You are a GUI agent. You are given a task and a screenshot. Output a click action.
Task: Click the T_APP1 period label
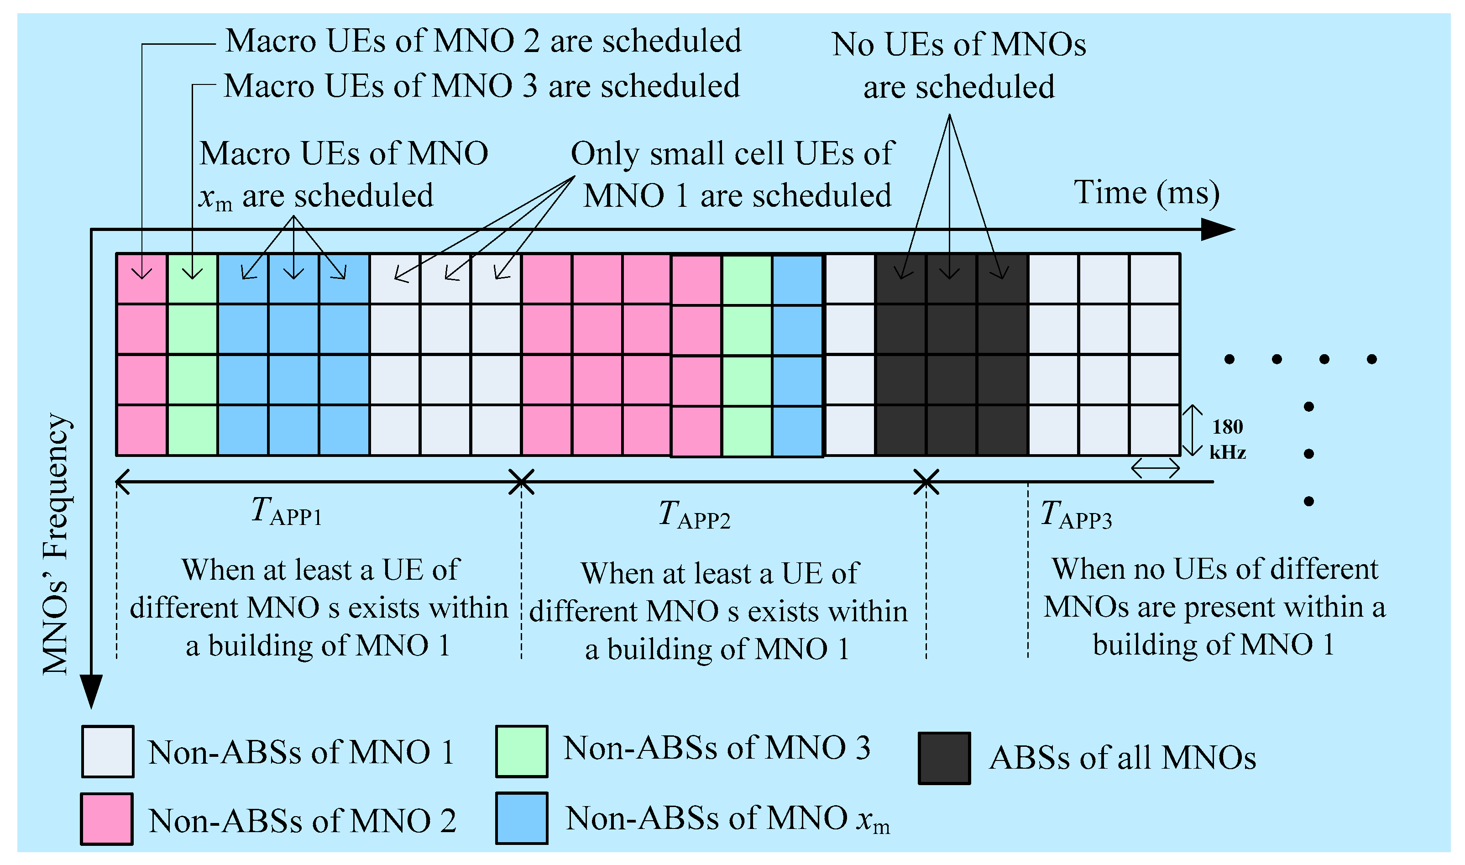286,512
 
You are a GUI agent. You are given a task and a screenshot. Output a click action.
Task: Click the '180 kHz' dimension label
1227,440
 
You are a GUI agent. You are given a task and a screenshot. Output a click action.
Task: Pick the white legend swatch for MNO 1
108,752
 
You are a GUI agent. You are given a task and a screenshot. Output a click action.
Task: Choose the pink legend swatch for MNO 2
107,819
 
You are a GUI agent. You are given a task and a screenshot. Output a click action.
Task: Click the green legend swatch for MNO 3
522,751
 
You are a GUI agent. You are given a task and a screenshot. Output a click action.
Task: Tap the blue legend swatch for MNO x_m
522,818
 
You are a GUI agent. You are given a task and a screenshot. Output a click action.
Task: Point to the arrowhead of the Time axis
1218,230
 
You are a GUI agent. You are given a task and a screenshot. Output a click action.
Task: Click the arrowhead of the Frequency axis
91,692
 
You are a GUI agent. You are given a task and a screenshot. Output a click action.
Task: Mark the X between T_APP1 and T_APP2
522,482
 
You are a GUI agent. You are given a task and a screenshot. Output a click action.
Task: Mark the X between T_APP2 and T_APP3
926,482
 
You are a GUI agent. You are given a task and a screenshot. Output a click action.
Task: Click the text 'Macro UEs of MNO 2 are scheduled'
483,41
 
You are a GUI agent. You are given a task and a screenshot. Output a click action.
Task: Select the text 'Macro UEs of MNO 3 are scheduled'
482,86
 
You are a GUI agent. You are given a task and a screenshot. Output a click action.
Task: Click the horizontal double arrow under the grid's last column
1155,467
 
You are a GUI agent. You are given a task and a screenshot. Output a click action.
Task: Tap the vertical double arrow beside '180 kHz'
1192,430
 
